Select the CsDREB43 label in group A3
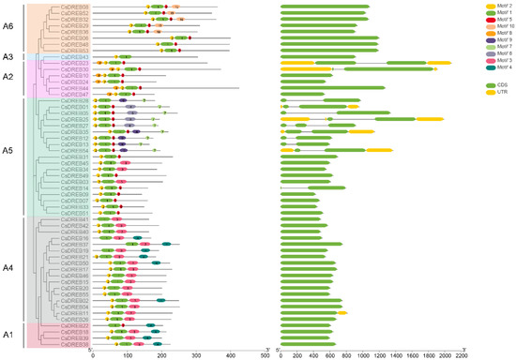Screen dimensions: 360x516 pos(75,57)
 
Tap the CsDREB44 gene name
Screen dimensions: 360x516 pos(76,88)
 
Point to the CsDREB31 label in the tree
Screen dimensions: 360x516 pos(76,157)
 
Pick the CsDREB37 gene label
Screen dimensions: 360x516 pos(76,244)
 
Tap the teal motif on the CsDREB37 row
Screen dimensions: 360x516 pos(166,244)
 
